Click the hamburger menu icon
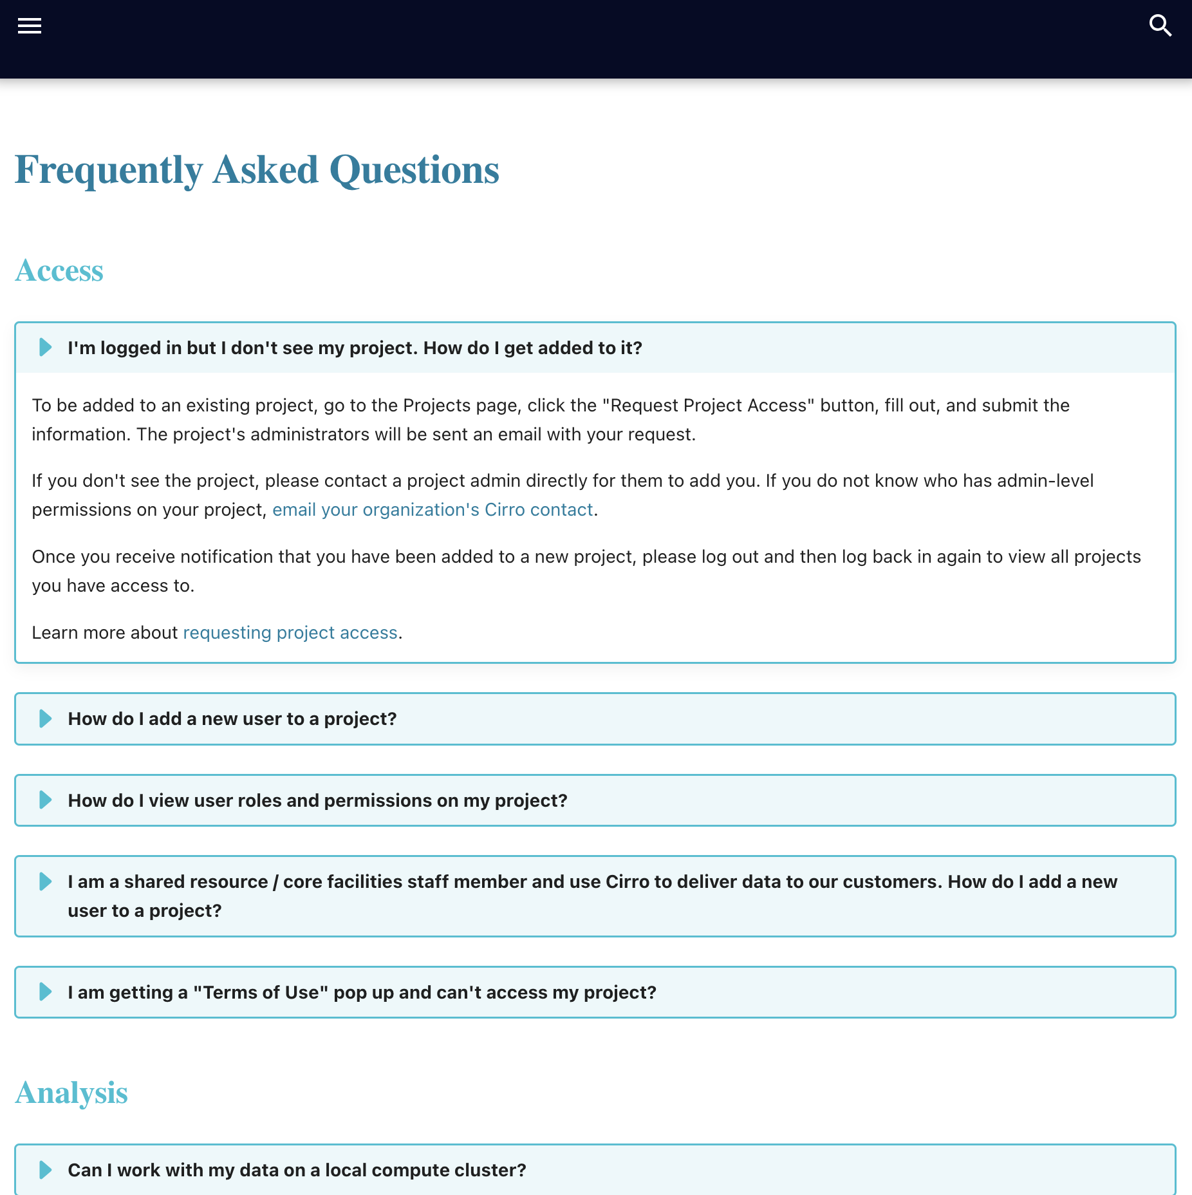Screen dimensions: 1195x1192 pyautogui.click(x=30, y=26)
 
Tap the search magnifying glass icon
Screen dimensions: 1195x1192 pyautogui.click(x=1160, y=26)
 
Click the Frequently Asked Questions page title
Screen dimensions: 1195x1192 pyautogui.click(x=257, y=170)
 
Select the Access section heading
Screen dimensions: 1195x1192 pyautogui.click(x=59, y=270)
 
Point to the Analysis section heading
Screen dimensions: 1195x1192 pyautogui.click(x=71, y=1093)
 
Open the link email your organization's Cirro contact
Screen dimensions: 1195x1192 pyautogui.click(x=433, y=510)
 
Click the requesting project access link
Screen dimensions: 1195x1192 pyautogui.click(x=290, y=633)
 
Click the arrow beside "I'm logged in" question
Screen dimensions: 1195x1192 pyautogui.click(x=46, y=348)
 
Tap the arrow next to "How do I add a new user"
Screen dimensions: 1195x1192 pyautogui.click(x=46, y=719)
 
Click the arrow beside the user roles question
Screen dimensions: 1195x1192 pyautogui.click(x=46, y=800)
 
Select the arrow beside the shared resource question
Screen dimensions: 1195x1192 pyautogui.click(x=46, y=881)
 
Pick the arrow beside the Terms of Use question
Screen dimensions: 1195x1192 pyautogui.click(x=46, y=992)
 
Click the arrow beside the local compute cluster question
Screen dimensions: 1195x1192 pyautogui.click(x=46, y=1170)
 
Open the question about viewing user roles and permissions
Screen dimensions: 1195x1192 pyautogui.click(x=317, y=800)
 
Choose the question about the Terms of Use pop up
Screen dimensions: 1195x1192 pyautogui.click(x=362, y=992)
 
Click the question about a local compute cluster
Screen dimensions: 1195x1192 pyautogui.click(x=297, y=1170)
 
